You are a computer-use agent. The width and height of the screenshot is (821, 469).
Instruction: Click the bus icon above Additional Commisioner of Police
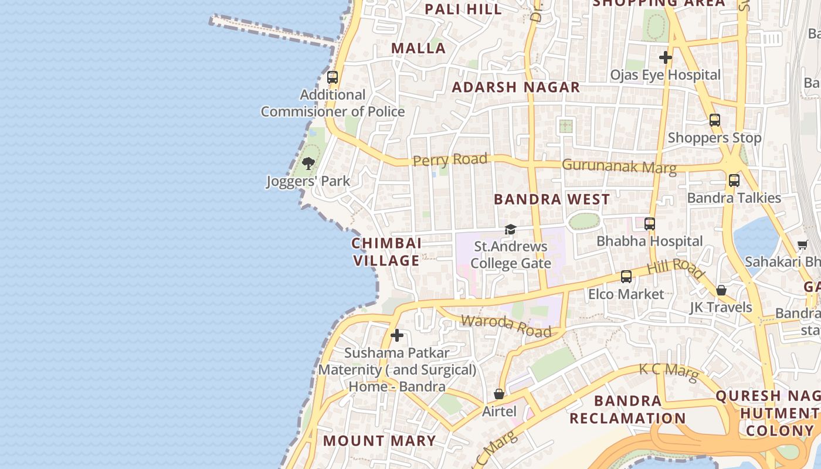click(333, 77)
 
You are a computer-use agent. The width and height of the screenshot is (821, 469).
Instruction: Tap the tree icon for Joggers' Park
click(308, 164)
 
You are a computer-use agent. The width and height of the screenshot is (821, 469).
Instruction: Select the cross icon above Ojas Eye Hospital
click(665, 57)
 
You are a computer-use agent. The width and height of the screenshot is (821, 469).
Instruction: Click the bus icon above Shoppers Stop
click(714, 120)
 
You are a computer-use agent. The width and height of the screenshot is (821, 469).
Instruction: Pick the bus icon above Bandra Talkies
click(734, 181)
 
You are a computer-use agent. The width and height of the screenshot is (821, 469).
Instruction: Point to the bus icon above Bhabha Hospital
click(649, 224)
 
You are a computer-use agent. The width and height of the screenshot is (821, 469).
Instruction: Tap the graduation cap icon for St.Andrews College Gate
click(510, 229)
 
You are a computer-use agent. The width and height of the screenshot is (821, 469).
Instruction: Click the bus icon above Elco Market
click(626, 277)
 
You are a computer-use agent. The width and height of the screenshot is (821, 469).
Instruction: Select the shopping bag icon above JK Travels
click(721, 290)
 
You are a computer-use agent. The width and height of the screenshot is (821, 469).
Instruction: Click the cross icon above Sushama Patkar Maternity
click(397, 335)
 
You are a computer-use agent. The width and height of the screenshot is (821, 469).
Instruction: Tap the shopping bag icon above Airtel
click(499, 394)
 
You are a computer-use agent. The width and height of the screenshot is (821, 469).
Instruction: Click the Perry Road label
click(450, 159)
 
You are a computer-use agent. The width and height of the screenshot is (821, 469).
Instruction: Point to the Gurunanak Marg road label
click(619, 166)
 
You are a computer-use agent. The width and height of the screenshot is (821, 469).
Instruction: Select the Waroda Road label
click(506, 327)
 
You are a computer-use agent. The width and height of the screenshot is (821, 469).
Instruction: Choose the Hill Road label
click(676, 269)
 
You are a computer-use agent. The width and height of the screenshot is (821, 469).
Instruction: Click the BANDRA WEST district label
click(552, 199)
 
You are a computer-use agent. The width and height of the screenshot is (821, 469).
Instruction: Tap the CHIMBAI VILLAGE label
click(386, 252)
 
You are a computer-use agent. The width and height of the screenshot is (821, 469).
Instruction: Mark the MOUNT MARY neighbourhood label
click(379, 441)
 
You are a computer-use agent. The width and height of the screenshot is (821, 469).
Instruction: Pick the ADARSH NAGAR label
click(516, 87)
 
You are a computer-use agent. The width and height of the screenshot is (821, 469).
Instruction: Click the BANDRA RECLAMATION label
click(627, 410)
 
